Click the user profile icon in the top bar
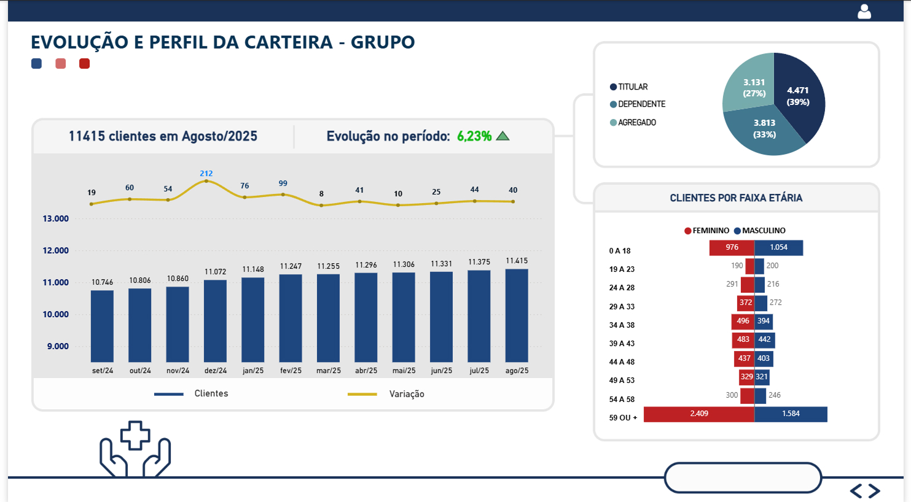pos(864,12)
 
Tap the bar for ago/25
pos(517,315)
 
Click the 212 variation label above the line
pos(206,174)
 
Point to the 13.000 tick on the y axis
pos(55,218)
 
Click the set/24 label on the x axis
pos(103,371)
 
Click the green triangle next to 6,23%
pos(502,136)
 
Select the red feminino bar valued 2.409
pos(699,414)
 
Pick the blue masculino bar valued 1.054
pos(778,247)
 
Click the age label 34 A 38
pos(622,325)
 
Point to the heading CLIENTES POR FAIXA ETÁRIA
pos(736,198)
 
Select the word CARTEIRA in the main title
pos(288,42)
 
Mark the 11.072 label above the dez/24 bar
pos(215,272)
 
